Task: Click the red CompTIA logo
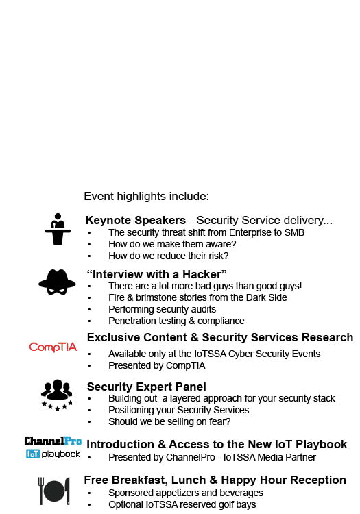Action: pyautogui.click(x=53, y=347)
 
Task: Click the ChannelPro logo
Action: pyautogui.click(x=53, y=441)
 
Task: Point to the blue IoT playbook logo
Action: pyautogui.click(x=53, y=454)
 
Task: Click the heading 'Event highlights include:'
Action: pyautogui.click(x=146, y=197)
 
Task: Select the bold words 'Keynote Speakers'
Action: pyautogui.click(x=135, y=221)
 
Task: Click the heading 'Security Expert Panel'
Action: pyautogui.click(x=147, y=387)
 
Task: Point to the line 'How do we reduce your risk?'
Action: pyautogui.click(x=168, y=256)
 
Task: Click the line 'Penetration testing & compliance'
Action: pyautogui.click(x=176, y=321)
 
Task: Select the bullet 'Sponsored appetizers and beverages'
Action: pyautogui.click(x=185, y=493)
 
